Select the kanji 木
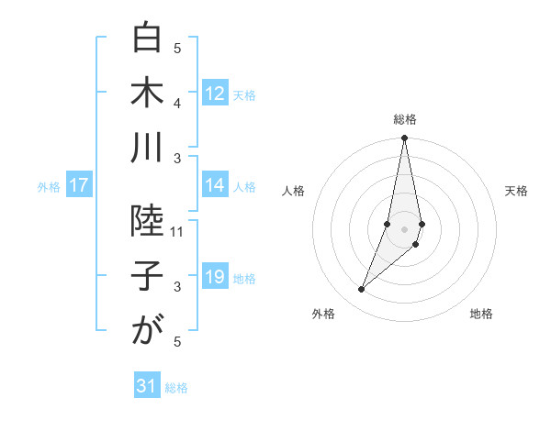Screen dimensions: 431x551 tap(146, 94)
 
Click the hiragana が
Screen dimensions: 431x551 tap(146, 331)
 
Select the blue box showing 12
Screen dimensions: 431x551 tap(215, 94)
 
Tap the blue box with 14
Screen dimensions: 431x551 tap(215, 185)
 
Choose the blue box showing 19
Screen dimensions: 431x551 tap(215, 278)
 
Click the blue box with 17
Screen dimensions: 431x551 tap(79, 186)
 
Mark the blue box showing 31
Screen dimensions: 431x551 tap(147, 387)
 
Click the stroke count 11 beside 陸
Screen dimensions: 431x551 tap(178, 232)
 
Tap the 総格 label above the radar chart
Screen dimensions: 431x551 tap(405, 120)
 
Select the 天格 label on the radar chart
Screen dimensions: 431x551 tap(517, 191)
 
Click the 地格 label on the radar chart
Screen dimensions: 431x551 tap(481, 315)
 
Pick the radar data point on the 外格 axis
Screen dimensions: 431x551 tap(362, 290)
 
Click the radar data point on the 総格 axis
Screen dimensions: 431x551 tap(405, 138)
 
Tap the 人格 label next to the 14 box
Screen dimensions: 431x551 tap(244, 186)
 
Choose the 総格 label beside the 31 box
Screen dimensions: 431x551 tap(176, 388)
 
